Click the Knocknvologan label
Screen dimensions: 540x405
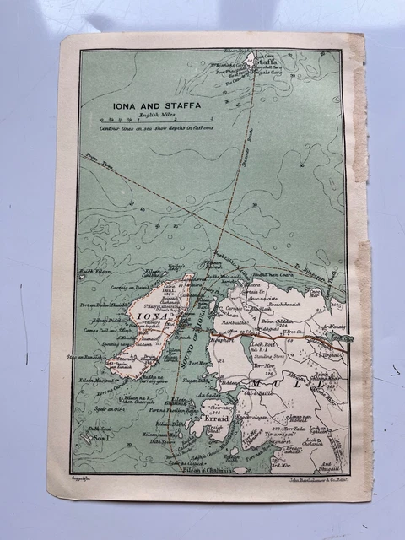(x=256, y=416)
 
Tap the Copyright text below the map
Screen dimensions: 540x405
(x=81, y=478)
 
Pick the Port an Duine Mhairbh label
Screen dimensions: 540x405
(x=106, y=305)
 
